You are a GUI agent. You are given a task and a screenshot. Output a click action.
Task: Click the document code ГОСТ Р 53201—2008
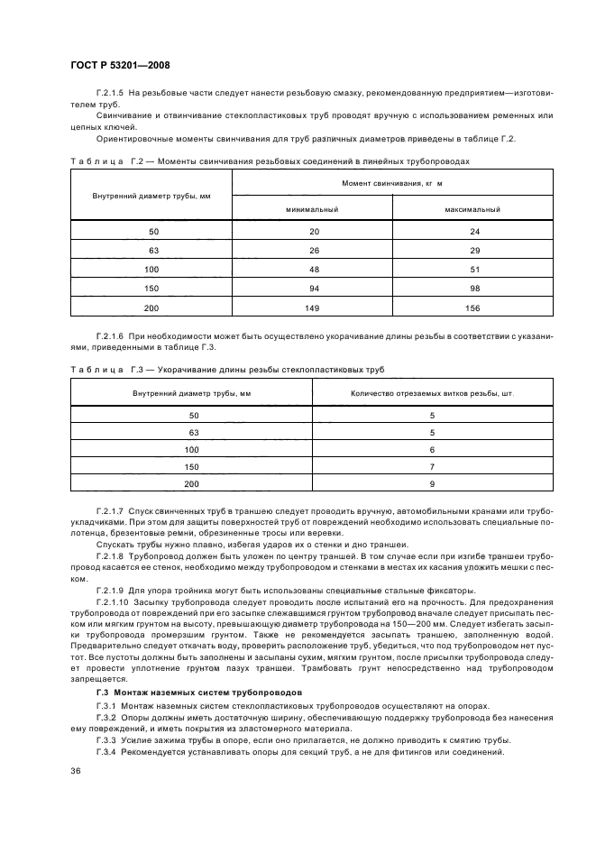(x=120, y=64)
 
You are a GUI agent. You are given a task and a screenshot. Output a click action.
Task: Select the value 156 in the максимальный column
(x=472, y=308)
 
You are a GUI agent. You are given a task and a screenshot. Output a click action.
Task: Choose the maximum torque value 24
(x=472, y=232)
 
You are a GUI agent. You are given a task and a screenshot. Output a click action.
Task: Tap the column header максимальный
(x=472, y=208)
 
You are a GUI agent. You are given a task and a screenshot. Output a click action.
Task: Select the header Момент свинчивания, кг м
(x=392, y=183)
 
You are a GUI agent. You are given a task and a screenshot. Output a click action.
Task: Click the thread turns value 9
(x=432, y=483)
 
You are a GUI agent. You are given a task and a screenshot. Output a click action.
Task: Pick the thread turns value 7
(x=432, y=466)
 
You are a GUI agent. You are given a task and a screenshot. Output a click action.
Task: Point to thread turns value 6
(x=432, y=449)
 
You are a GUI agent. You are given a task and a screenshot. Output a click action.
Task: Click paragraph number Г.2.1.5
(x=110, y=94)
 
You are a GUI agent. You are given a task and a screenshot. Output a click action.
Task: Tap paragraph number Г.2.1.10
(x=113, y=599)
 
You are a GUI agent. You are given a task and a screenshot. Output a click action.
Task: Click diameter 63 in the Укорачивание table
(x=192, y=432)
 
